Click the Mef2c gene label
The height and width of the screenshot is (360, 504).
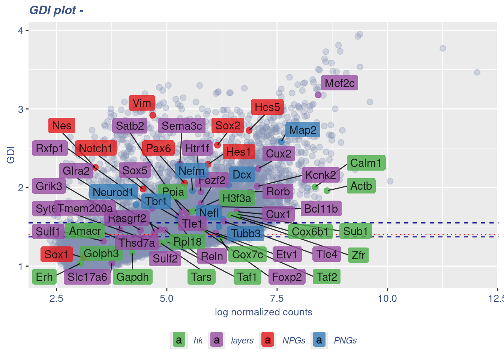[339, 83]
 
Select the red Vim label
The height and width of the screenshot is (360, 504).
[142, 103]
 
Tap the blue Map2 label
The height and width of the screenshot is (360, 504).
[303, 130]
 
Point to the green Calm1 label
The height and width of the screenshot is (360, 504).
[366, 163]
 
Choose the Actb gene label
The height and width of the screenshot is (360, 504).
[361, 186]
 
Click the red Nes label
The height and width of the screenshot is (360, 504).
[61, 126]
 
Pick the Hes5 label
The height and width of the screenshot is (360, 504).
[267, 107]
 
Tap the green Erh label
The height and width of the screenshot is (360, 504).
[44, 277]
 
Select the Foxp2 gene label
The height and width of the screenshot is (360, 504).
[287, 277]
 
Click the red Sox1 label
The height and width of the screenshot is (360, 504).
[56, 254]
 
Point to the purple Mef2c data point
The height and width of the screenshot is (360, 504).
[318, 95]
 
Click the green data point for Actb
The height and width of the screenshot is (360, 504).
[327, 190]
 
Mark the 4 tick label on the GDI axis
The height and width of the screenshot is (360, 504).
[21, 30]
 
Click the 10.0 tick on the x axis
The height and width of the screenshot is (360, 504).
[387, 298]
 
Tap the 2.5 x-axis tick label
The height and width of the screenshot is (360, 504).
[56, 298]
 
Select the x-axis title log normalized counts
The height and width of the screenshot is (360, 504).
[263, 312]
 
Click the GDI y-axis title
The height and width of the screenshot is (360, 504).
[11, 155]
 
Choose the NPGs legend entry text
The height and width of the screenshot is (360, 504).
[294, 340]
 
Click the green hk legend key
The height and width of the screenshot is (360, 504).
[179, 340]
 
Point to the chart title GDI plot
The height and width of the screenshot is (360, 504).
[56, 10]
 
